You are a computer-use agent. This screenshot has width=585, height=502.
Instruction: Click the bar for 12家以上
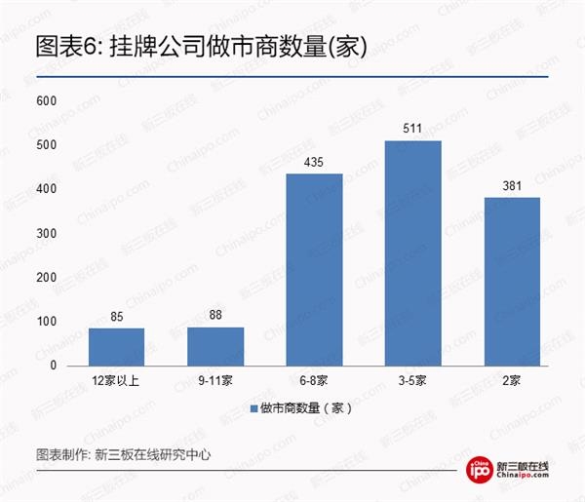click(116, 346)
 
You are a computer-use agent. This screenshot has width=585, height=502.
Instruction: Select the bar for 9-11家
click(214, 346)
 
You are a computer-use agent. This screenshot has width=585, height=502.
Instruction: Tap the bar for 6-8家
click(314, 269)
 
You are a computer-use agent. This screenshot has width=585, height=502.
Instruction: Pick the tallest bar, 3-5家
click(412, 252)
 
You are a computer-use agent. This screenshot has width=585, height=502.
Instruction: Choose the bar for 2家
click(511, 281)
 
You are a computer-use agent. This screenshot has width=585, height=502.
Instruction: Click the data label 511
click(412, 129)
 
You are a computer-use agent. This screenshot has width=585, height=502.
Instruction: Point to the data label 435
click(314, 162)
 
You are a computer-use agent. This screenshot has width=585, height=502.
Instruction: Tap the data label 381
click(511, 185)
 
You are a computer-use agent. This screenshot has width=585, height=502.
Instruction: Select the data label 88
click(214, 315)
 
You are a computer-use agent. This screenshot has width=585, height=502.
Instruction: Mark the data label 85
click(116, 316)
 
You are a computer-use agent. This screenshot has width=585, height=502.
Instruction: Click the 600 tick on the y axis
click(46, 101)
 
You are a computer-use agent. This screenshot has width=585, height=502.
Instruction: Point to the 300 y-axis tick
click(46, 234)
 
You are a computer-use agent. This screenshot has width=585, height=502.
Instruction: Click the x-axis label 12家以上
click(116, 381)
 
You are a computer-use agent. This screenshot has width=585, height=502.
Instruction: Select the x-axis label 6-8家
click(314, 381)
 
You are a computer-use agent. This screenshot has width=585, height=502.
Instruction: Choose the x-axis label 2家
click(511, 381)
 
